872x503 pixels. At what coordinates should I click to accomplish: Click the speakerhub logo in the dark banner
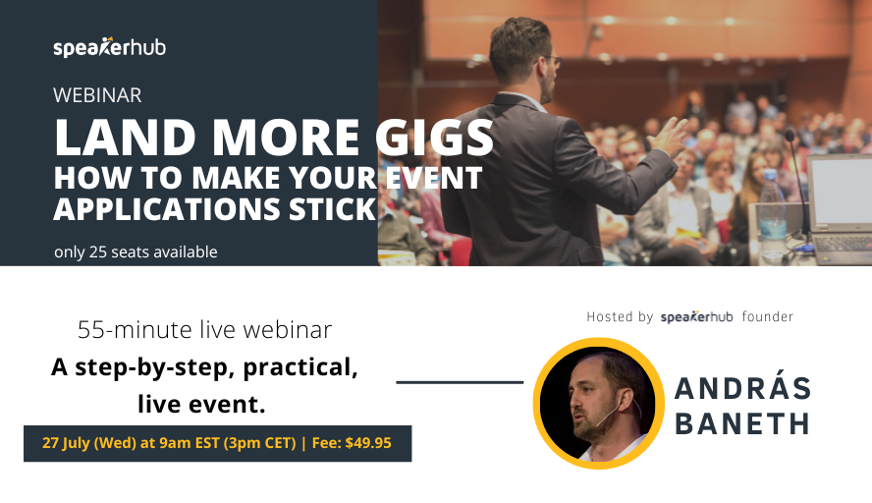click(x=110, y=47)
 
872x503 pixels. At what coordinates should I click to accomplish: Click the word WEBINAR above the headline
click(x=98, y=95)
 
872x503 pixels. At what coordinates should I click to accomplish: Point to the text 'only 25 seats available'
click(x=136, y=252)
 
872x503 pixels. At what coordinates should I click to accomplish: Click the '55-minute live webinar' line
click(x=204, y=329)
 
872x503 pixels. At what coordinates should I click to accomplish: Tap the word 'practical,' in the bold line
click(x=302, y=367)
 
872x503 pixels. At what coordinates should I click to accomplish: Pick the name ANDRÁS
click(x=743, y=389)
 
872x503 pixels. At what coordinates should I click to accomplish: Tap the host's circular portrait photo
click(x=598, y=404)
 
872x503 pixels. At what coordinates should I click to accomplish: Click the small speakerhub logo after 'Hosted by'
click(x=697, y=317)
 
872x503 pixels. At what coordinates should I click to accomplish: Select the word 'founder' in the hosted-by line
click(x=768, y=317)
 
